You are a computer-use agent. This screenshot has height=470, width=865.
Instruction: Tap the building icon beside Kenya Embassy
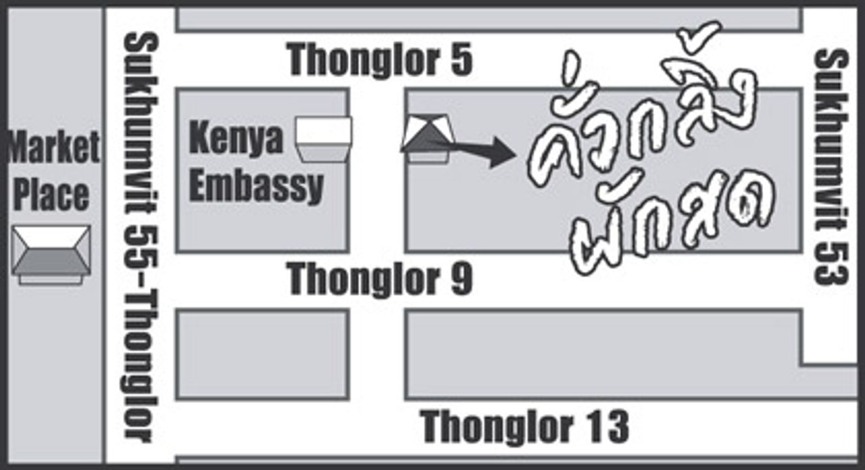pyautogui.click(x=324, y=139)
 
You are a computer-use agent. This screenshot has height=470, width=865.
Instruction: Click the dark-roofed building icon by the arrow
pyautogui.click(x=426, y=139)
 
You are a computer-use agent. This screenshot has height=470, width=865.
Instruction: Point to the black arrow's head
pyautogui.click(x=503, y=152)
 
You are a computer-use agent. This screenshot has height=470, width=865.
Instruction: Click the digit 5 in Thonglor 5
pyautogui.click(x=460, y=60)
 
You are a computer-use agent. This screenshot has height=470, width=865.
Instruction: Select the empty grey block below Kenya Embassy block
pyautogui.click(x=262, y=354)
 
